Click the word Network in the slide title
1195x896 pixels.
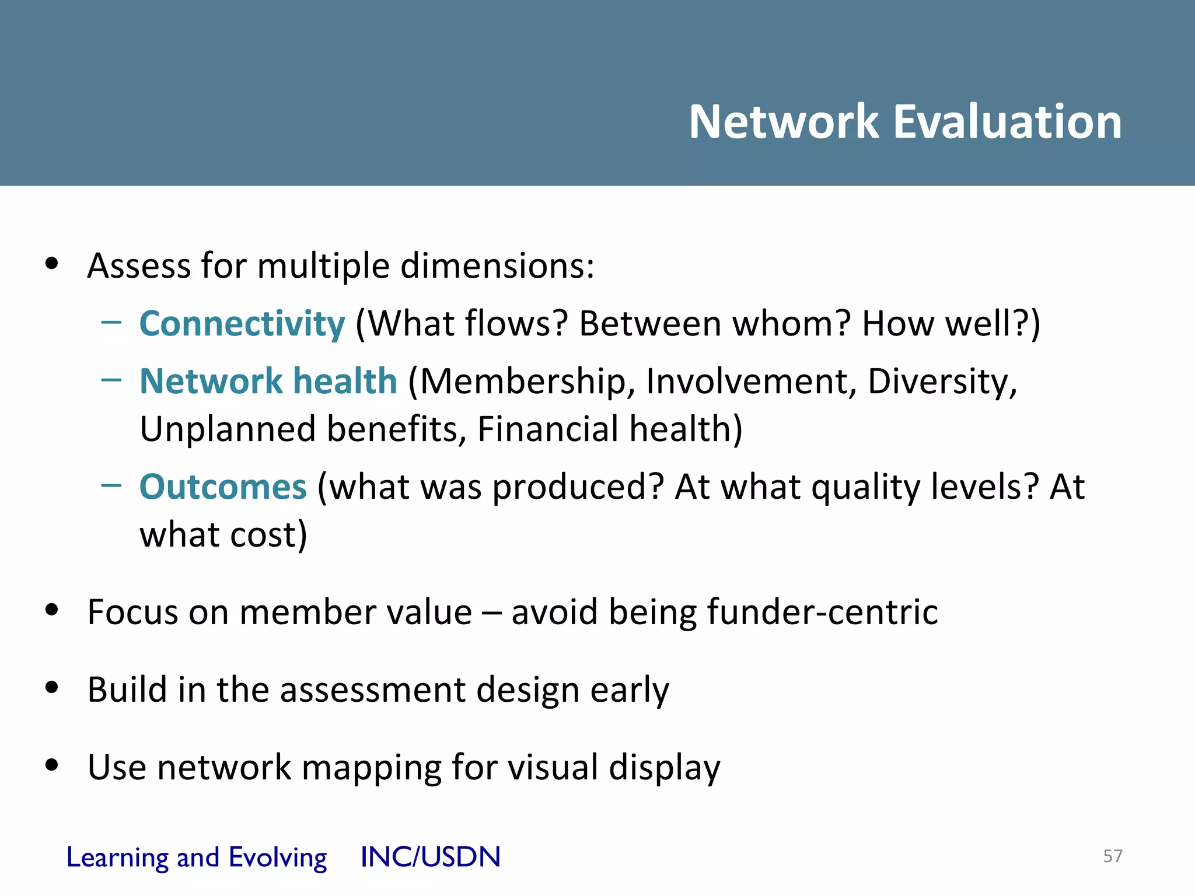[784, 122]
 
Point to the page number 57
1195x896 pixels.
[1112, 856]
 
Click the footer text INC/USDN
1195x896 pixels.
[431, 857]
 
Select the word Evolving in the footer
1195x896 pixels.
[278, 857]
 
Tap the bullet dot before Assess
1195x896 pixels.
[52, 264]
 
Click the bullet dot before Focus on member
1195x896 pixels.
[52, 610]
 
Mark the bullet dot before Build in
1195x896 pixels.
[52, 688]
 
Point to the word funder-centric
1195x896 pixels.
[822, 612]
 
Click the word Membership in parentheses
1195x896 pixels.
[527, 382]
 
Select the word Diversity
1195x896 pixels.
[942, 382]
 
